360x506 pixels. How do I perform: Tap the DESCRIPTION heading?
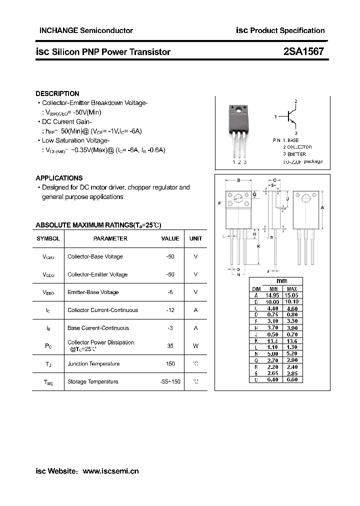click(x=57, y=93)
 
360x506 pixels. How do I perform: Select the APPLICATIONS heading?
click(x=59, y=178)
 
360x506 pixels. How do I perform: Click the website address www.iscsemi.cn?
click(x=110, y=471)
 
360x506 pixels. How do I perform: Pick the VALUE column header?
click(x=170, y=238)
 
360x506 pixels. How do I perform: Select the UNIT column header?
click(x=195, y=238)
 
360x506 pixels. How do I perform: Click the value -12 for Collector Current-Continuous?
click(x=170, y=310)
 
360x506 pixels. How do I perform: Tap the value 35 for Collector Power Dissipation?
click(x=170, y=345)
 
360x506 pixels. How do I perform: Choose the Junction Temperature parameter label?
click(x=93, y=364)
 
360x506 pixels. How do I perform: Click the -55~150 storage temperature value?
click(x=167, y=381)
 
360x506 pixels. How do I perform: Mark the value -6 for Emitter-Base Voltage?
click(x=170, y=292)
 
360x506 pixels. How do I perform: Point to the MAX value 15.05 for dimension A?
click(x=291, y=295)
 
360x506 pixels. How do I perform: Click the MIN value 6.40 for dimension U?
click(x=273, y=379)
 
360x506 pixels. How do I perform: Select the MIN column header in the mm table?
click(x=273, y=289)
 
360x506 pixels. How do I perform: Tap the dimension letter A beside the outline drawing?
click(x=322, y=208)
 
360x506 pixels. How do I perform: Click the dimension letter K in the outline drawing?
click(x=258, y=246)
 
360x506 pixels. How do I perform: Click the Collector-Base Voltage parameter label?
click(x=95, y=256)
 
